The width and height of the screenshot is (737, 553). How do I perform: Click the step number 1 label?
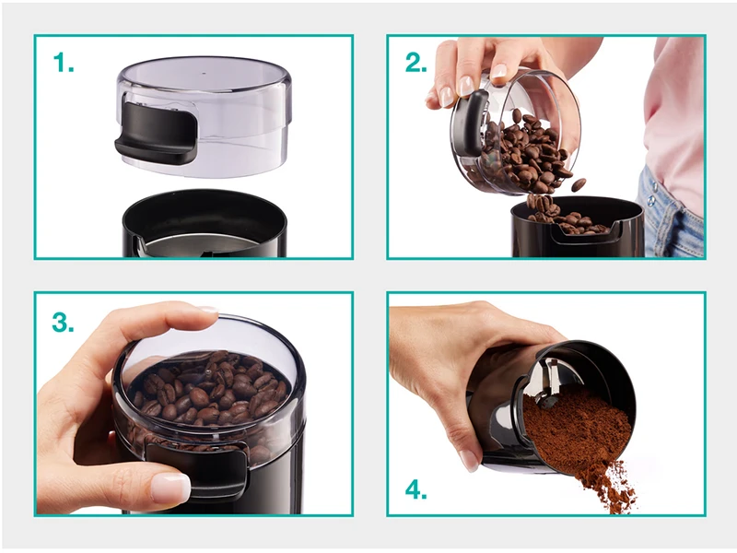[63, 63]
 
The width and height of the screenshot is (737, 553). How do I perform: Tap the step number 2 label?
[416, 63]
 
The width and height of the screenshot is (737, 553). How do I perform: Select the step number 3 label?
[63, 323]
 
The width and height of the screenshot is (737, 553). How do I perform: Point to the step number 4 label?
[416, 489]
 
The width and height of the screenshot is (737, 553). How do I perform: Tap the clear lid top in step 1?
[204, 75]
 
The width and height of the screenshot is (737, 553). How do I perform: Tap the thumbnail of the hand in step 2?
[465, 86]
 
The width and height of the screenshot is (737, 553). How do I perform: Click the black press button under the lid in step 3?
[196, 465]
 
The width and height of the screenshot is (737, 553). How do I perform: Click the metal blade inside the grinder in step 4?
[551, 382]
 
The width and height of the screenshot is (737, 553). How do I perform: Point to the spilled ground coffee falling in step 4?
[611, 485]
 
